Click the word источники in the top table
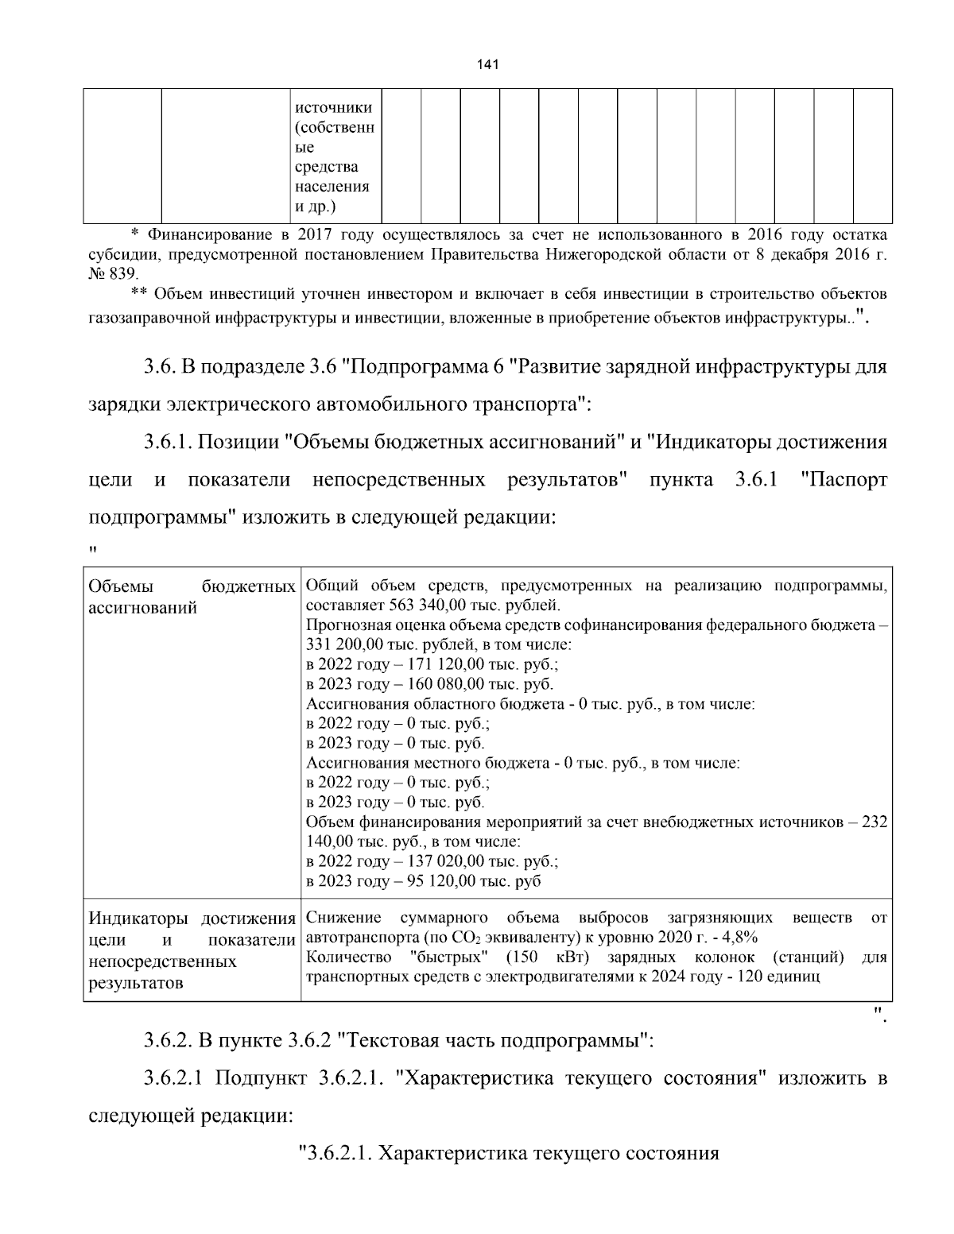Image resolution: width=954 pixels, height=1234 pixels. pos(333,107)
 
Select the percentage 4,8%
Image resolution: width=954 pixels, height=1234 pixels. pos(738,937)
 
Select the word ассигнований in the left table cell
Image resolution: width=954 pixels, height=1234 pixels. pos(142,608)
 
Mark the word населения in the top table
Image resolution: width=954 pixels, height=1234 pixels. pos(332,187)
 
